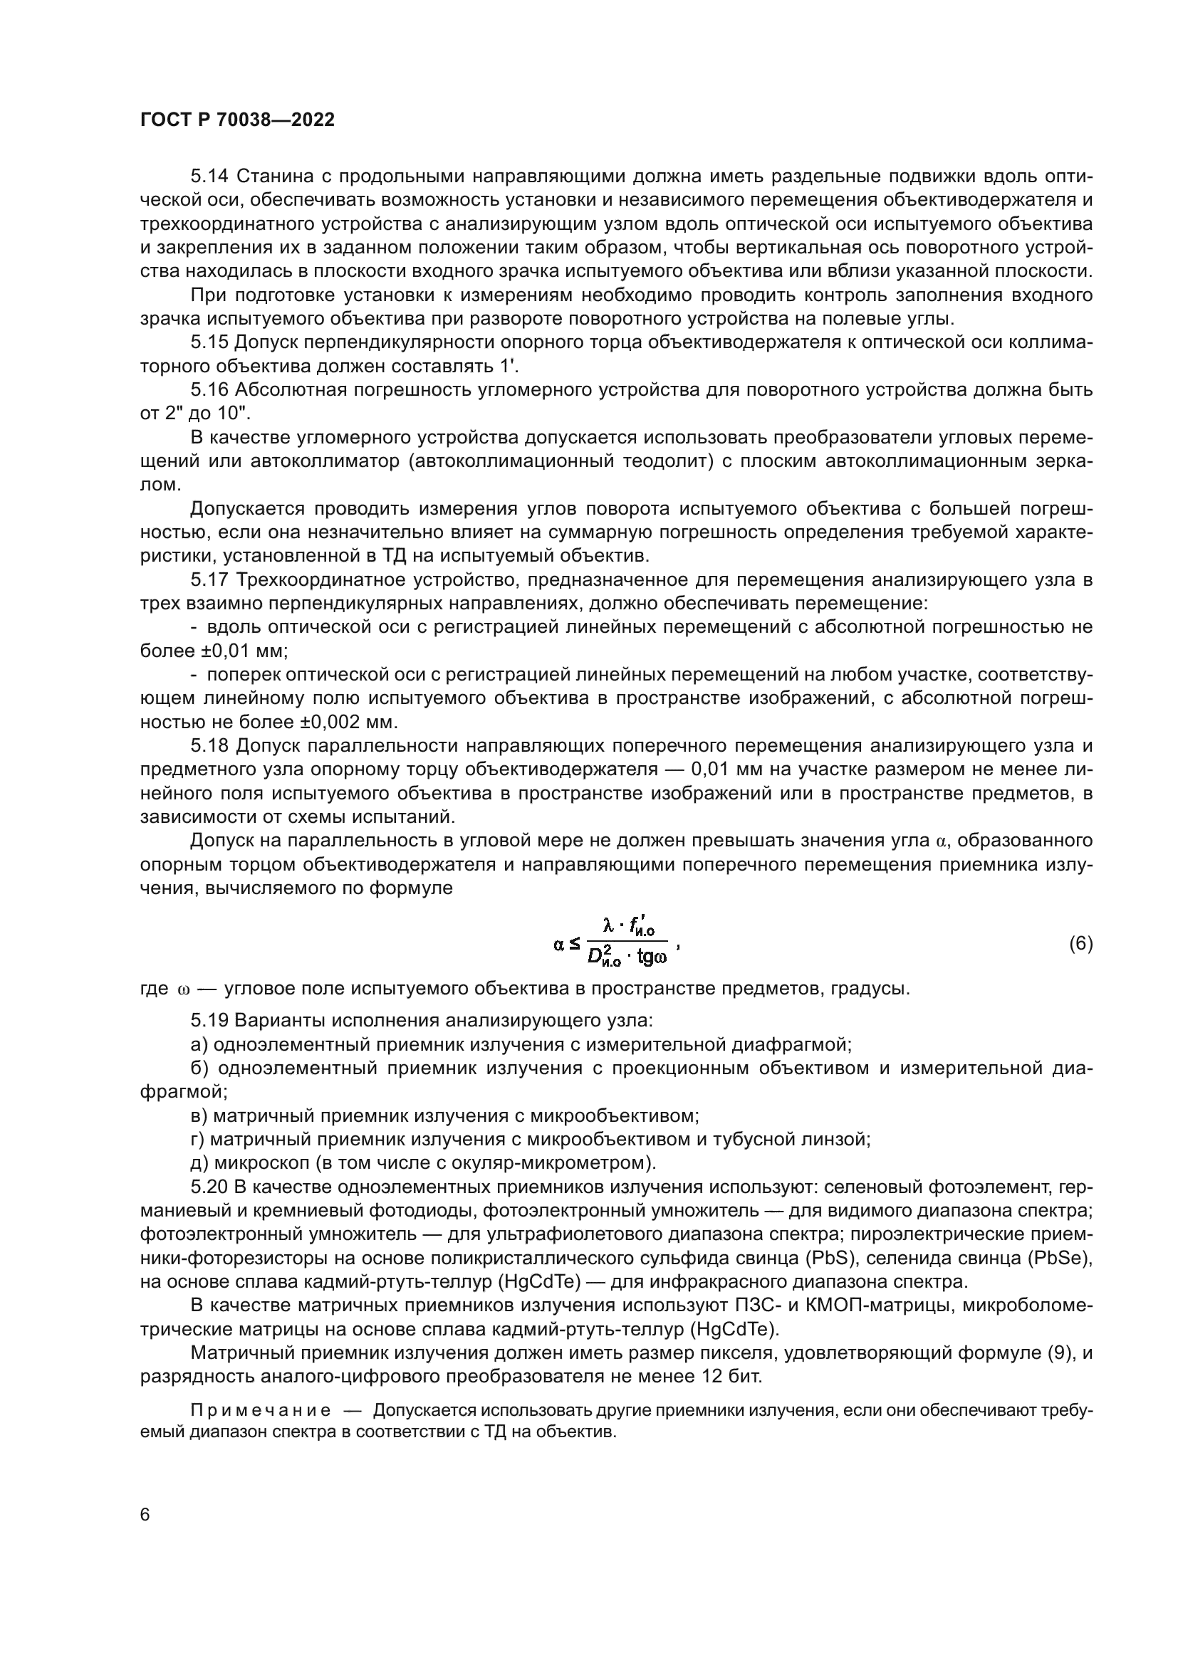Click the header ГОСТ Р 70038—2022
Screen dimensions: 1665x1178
click(x=237, y=120)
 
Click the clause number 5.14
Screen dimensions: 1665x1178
click(x=209, y=177)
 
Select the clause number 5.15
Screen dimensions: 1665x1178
click(x=209, y=342)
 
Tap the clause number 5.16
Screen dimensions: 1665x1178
click(x=209, y=390)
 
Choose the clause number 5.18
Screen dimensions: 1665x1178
click(x=209, y=745)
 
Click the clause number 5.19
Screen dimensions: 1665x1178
click(x=209, y=1020)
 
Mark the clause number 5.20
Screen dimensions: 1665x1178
click(x=209, y=1187)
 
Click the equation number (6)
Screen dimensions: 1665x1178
click(x=1080, y=943)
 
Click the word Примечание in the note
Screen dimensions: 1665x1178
click(x=261, y=1410)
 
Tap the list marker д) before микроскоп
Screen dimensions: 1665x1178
click(x=199, y=1162)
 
